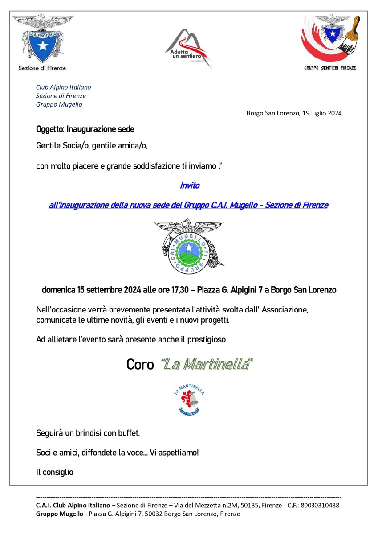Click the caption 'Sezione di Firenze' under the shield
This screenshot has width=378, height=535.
click(42, 68)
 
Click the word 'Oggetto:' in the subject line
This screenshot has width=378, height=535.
click(50, 129)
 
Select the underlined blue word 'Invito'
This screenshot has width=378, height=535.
click(190, 185)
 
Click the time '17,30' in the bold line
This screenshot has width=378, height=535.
click(180, 290)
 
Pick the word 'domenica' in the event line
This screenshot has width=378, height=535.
click(58, 290)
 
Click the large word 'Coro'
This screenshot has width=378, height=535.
click(140, 364)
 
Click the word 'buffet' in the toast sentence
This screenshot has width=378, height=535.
click(129, 433)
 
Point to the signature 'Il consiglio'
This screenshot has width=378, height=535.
click(55, 472)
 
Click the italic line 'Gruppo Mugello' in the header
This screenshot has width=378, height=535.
click(59, 104)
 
